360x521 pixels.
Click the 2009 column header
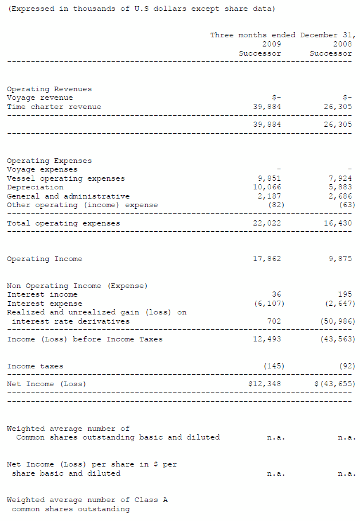[x=271, y=44]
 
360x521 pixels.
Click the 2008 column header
[x=342, y=44]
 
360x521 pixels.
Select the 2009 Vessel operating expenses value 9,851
[x=267, y=178]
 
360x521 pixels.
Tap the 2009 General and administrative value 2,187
[x=267, y=196]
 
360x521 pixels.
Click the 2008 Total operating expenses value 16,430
[x=338, y=223]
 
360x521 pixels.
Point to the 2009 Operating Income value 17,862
[x=267, y=259]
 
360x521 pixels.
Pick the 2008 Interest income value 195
[x=345, y=294]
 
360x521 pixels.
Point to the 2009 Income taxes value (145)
[x=273, y=366]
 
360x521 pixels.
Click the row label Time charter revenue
[x=54, y=107]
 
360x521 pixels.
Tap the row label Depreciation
[x=35, y=187]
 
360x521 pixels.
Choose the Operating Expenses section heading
[x=49, y=161]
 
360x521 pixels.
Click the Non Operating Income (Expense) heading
[x=77, y=286]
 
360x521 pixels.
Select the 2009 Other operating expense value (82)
[x=276, y=205]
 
